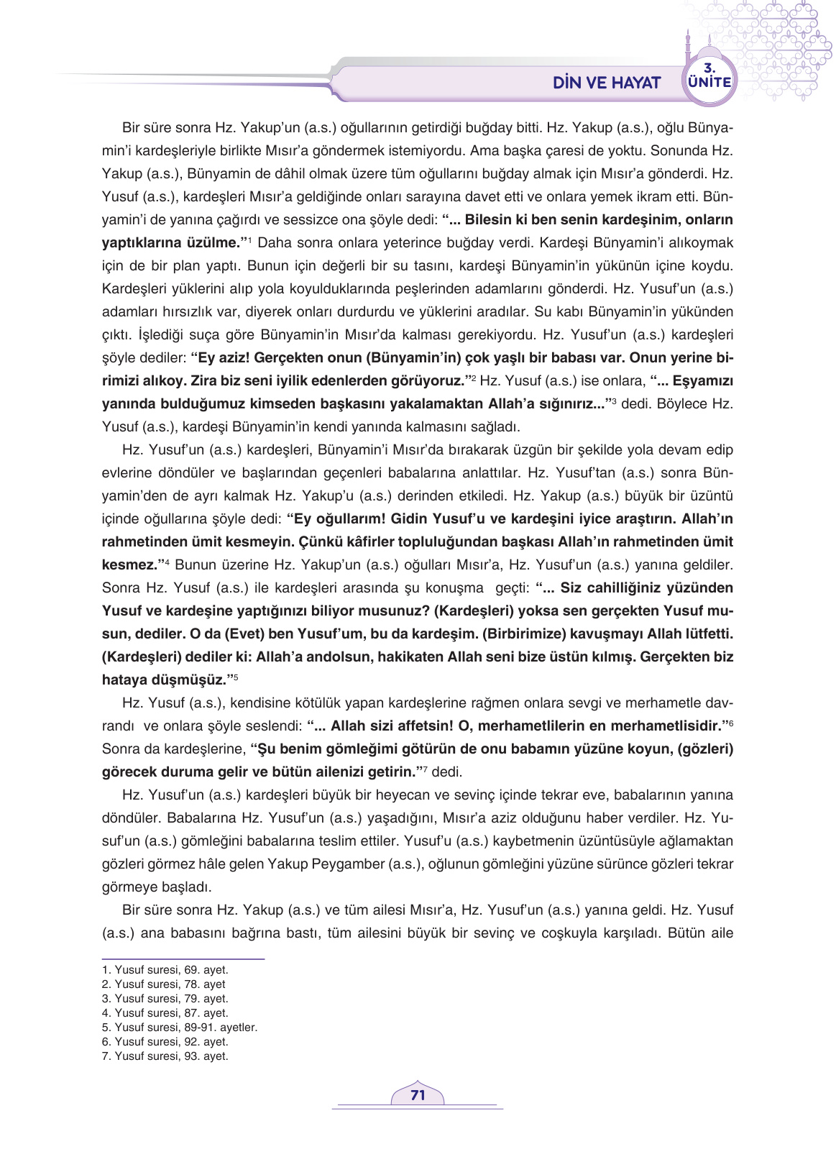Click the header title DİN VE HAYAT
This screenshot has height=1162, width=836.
coord(606,83)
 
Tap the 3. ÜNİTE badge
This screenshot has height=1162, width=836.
coord(709,77)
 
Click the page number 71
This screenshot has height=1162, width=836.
coord(418,1095)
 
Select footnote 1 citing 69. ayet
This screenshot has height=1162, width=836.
coord(165,970)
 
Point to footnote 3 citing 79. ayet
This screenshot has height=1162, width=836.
coord(165,999)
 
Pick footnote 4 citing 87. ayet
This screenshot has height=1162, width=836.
coord(165,1013)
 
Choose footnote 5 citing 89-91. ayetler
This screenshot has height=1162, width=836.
coord(179,1028)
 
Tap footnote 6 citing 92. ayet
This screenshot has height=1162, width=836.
coord(165,1042)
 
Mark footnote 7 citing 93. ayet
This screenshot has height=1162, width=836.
coord(165,1056)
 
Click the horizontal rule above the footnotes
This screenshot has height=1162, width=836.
coord(183,959)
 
